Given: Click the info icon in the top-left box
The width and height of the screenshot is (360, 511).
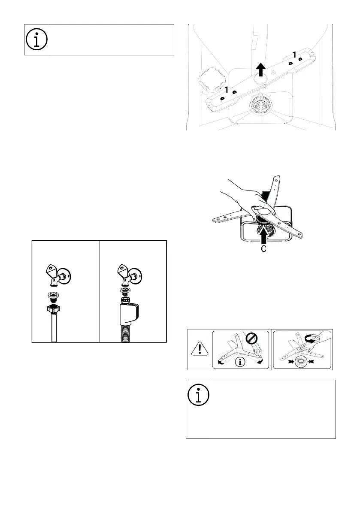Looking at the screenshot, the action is (36, 39).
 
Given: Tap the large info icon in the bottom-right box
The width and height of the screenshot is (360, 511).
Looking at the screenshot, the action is (199, 394).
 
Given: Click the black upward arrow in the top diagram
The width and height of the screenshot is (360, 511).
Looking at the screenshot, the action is (260, 70).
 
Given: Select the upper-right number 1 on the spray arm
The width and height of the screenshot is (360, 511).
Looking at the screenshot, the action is (294, 54).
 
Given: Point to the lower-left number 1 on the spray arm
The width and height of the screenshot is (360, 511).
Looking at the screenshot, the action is (227, 89).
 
